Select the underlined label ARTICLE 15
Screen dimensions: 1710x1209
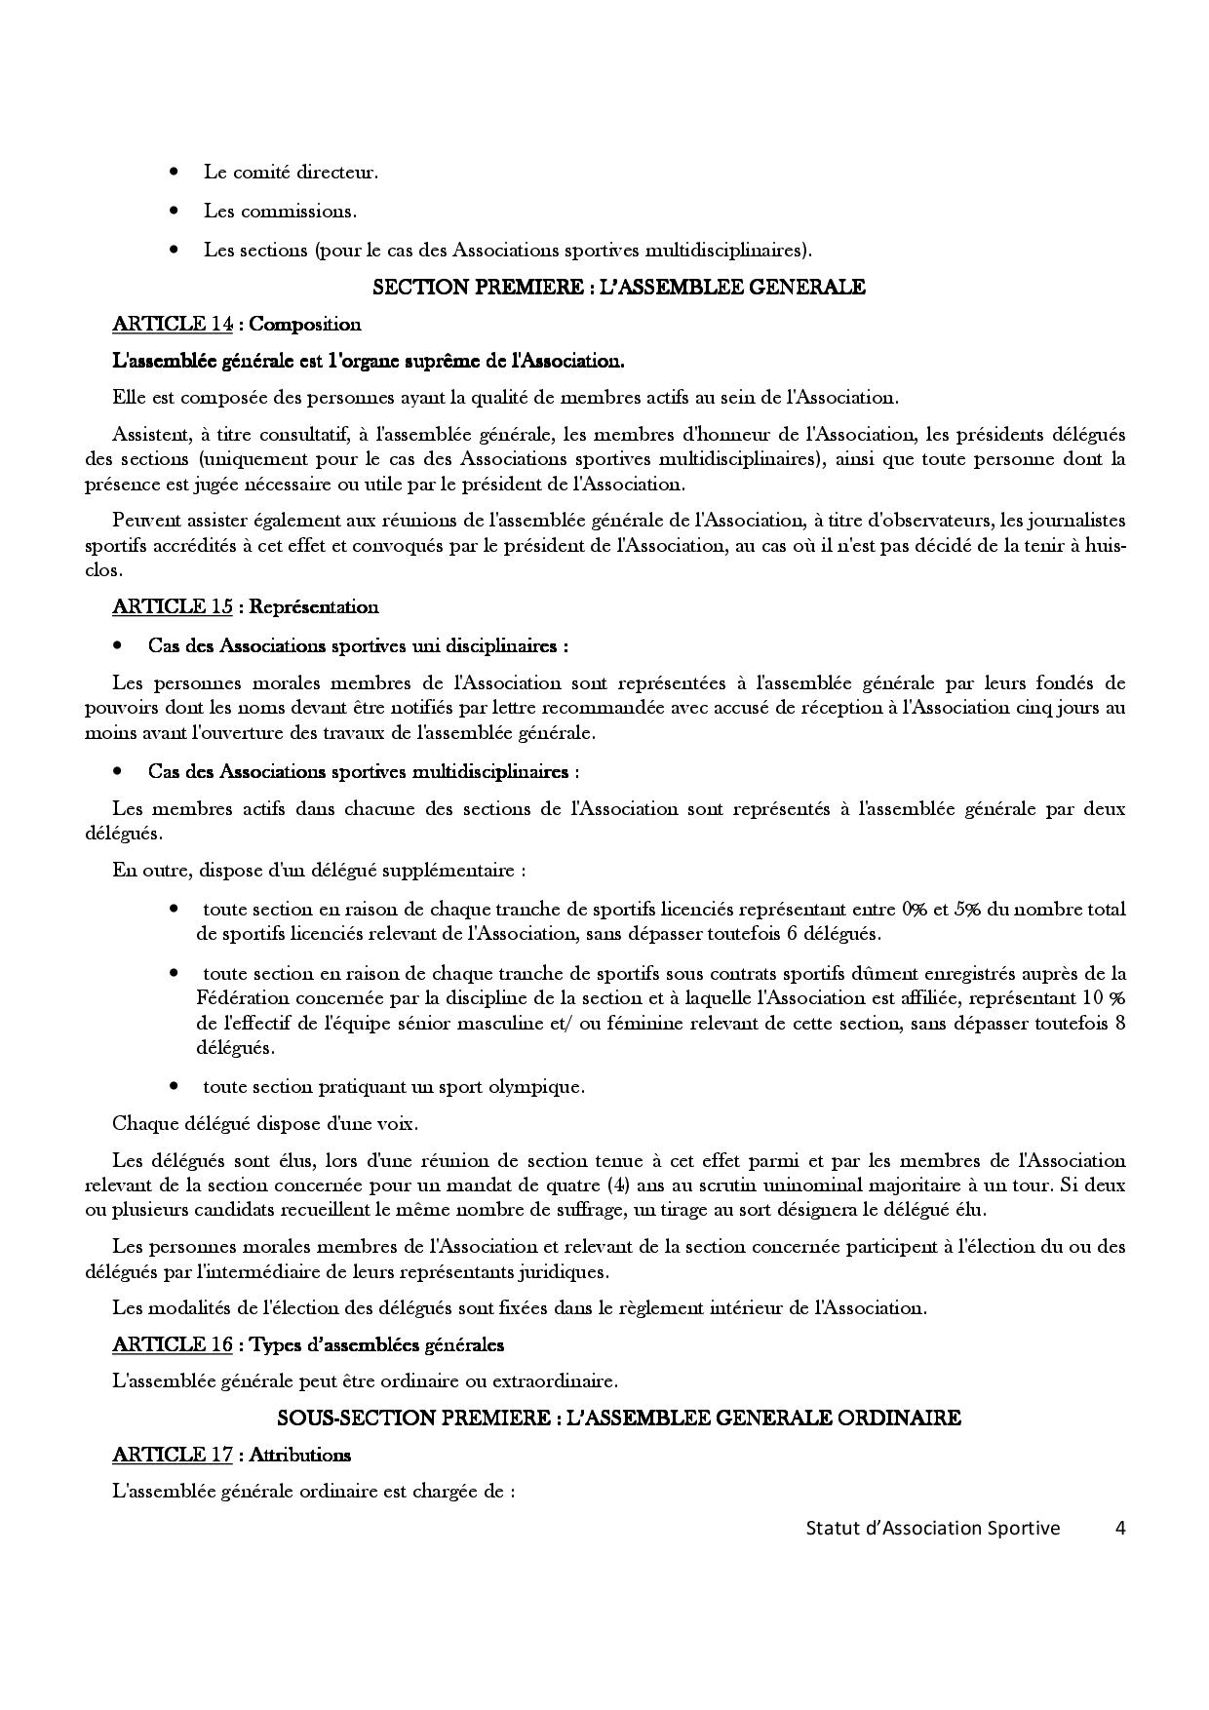[x=173, y=606]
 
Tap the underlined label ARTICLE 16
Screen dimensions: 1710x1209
[x=173, y=1344]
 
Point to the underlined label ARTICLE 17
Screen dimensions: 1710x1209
[x=173, y=1455]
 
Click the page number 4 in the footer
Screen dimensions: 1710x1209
[x=1120, y=1528]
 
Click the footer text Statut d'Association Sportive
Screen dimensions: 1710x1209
[x=932, y=1528]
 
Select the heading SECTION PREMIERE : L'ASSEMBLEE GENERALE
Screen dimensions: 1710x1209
[x=619, y=287]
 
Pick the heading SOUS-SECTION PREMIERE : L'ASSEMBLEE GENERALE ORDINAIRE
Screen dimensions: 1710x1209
[x=619, y=1418]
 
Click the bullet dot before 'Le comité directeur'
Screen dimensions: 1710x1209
[x=175, y=173]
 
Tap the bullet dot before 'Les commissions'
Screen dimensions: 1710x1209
[x=175, y=211]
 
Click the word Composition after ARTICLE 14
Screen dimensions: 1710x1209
[x=305, y=325]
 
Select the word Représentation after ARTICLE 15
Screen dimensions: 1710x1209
[x=314, y=606]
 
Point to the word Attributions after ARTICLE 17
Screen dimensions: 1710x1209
[x=300, y=1455]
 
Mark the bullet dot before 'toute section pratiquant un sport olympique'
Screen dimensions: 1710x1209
[x=175, y=1085]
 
